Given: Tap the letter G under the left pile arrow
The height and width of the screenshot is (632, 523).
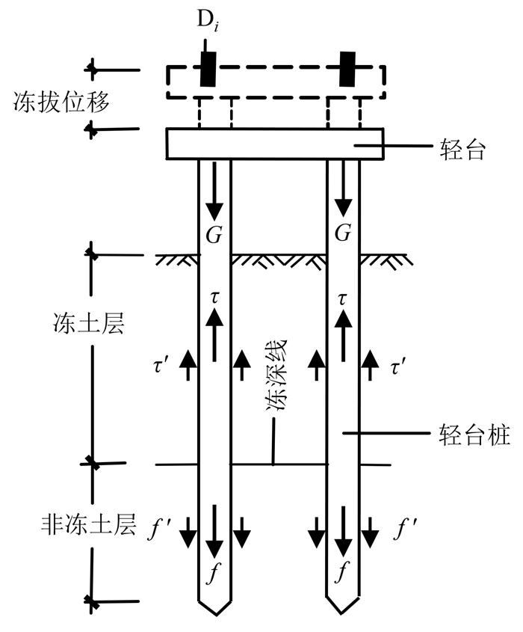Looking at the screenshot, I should click(214, 234).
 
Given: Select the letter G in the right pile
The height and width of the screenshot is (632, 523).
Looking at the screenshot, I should click(343, 234).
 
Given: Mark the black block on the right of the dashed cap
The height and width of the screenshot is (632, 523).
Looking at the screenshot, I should click(347, 70).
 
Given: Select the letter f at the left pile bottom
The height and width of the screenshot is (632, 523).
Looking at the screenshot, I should click(214, 574).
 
